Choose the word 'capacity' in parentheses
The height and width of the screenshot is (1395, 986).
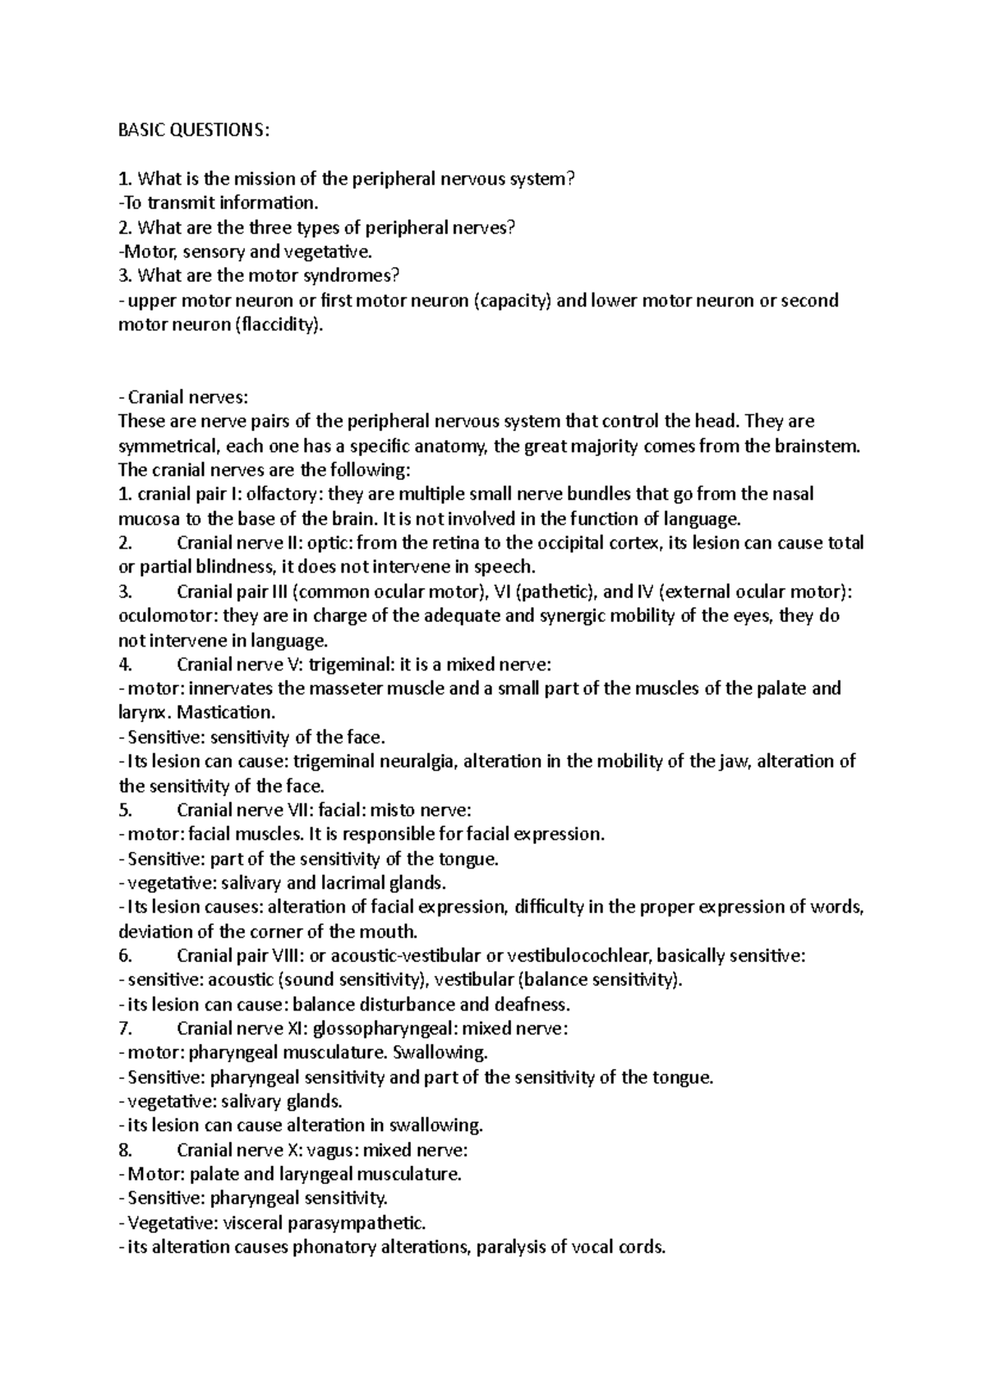click(513, 301)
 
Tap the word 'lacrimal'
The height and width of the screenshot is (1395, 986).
click(348, 882)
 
